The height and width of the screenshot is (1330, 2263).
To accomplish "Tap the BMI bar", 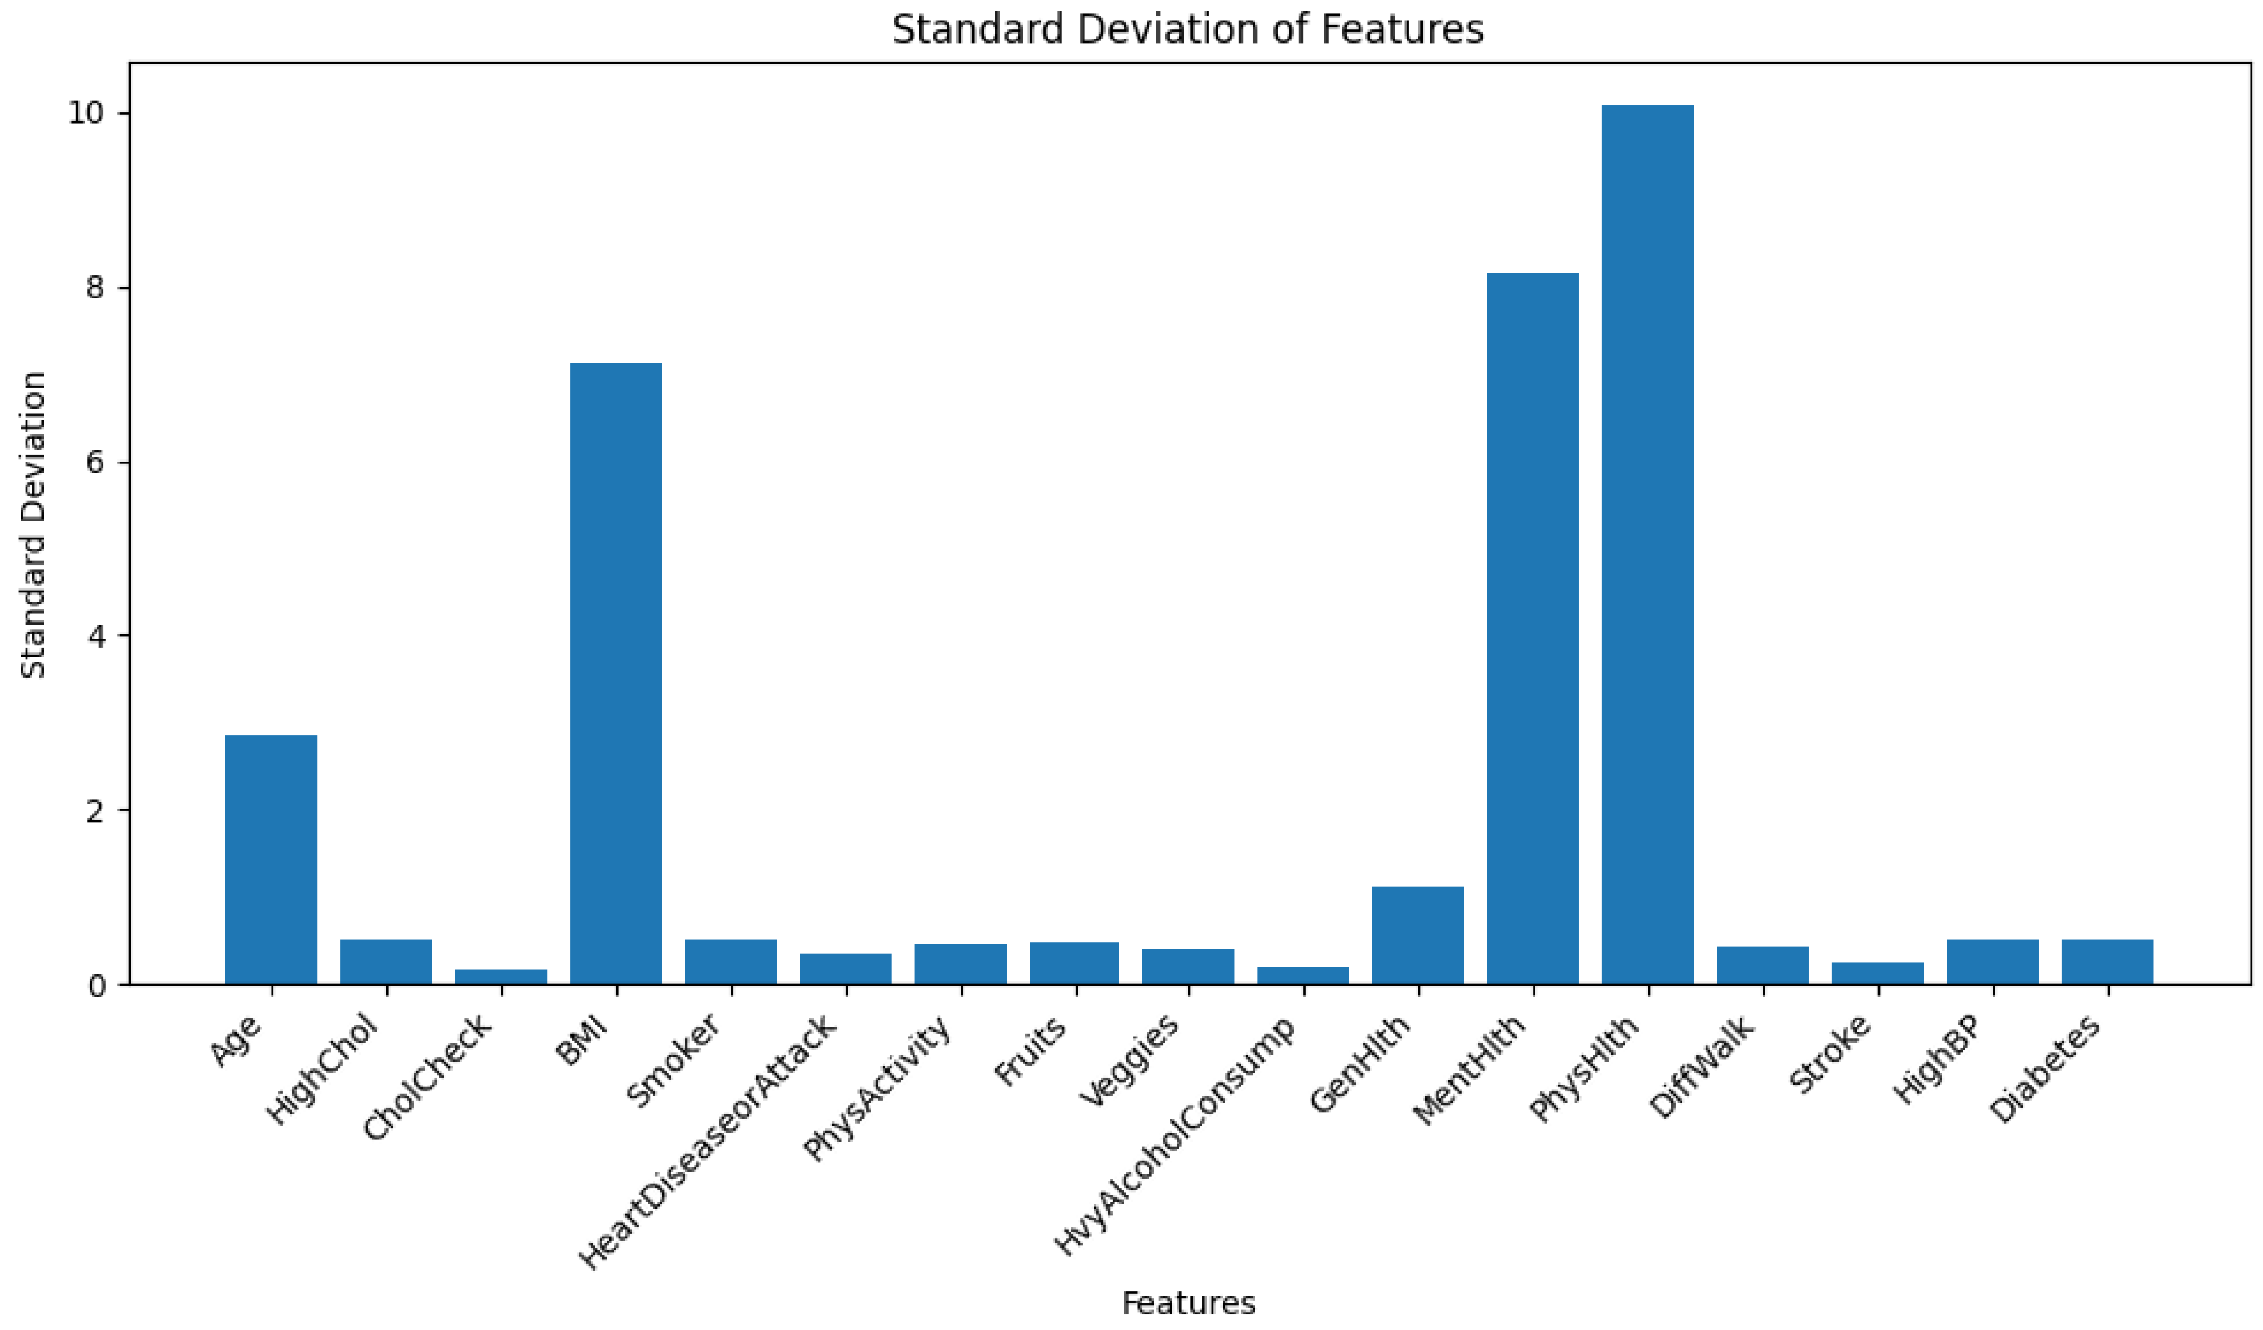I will coord(616,673).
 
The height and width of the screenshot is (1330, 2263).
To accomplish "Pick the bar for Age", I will coord(271,860).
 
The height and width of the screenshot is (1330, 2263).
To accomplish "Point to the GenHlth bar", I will coord(1417,935).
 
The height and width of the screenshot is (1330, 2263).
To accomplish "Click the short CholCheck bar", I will coord(501,977).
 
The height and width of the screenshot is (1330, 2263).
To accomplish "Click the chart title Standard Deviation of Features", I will coord(1187,30).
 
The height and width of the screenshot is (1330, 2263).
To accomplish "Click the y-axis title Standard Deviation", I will coord(32,525).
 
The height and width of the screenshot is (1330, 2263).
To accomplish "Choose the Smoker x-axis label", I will coord(673,1062).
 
